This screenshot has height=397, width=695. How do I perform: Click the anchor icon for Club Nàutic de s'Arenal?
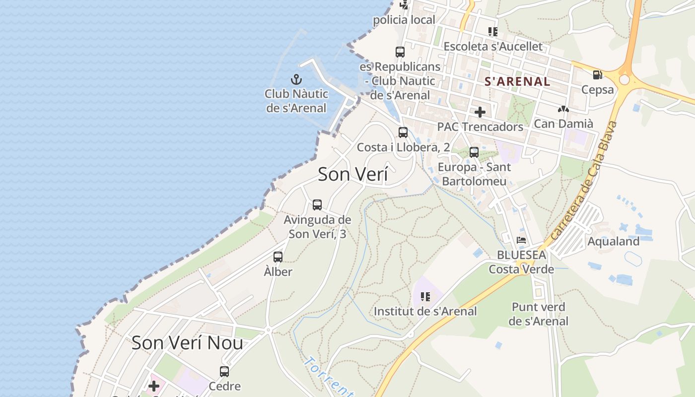click(x=296, y=79)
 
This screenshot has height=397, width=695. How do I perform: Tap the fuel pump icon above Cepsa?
click(x=597, y=75)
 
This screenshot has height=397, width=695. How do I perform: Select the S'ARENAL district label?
click(x=517, y=82)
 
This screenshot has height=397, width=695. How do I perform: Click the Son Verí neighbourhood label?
click(x=352, y=174)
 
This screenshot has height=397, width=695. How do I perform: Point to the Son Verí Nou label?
click(x=187, y=343)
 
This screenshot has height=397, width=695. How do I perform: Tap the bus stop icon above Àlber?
click(x=278, y=257)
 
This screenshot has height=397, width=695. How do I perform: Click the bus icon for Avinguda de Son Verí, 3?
click(x=317, y=204)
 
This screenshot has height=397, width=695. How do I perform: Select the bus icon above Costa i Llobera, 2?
click(x=403, y=132)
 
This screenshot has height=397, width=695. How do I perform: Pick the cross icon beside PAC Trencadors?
click(x=480, y=112)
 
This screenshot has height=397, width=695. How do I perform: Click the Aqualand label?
click(x=613, y=242)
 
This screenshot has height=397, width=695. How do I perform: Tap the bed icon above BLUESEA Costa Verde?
click(x=521, y=240)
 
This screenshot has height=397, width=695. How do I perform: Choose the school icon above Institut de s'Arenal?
click(x=425, y=297)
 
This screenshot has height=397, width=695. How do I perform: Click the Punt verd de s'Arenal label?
click(x=538, y=314)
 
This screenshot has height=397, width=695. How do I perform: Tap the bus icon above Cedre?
click(x=224, y=371)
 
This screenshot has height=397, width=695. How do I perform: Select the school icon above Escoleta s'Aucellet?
click(x=492, y=32)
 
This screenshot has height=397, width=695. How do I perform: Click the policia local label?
click(x=404, y=20)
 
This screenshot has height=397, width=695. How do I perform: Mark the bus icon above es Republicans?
click(x=400, y=52)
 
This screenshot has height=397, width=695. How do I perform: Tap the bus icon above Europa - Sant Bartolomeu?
click(x=474, y=152)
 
